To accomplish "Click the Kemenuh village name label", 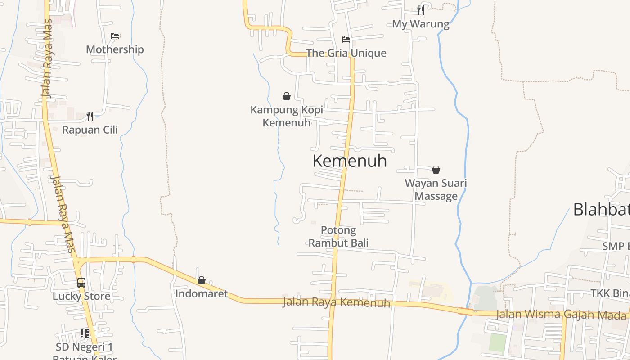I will (350, 161).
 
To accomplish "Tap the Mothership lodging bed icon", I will (115, 36).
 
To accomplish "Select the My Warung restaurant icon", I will (421, 10).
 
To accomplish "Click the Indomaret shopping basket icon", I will (202, 280).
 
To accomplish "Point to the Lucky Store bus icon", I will (81, 283).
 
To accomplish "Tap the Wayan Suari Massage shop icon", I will (436, 170).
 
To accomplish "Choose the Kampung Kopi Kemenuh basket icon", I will (287, 96).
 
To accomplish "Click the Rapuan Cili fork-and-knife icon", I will (90, 117).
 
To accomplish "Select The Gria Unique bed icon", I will (346, 40).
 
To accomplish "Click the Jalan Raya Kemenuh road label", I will (336, 302).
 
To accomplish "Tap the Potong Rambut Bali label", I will (338, 237).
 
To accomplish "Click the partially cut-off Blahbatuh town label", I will (601, 209).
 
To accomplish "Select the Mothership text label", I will (115, 49).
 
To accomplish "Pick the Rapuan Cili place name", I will (90, 130).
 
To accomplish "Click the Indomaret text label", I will (202, 294).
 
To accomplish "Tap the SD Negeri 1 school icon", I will (85, 333).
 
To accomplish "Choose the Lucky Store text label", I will (81, 296).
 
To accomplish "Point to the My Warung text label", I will (421, 24).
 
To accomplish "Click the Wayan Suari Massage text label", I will (436, 189).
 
